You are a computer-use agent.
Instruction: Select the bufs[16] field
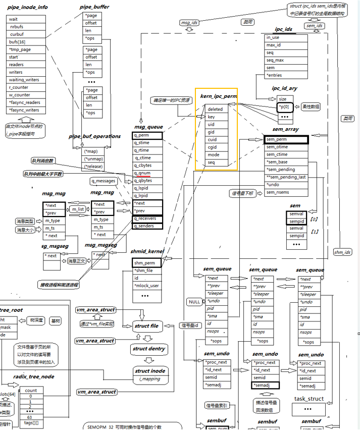pos(18,42)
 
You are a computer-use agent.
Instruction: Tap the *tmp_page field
pos(21,49)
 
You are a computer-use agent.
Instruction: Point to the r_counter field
pos(19,87)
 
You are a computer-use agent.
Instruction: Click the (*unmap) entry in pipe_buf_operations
pos(94,158)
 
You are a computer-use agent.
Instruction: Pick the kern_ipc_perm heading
pos(219,96)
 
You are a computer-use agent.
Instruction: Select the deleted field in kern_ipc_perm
pos(216,109)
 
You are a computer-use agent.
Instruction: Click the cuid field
pos(212,139)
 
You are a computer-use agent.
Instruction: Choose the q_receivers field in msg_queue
pos(145,219)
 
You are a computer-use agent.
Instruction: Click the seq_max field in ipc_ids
pos(276,60)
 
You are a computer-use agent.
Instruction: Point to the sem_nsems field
pos(278,192)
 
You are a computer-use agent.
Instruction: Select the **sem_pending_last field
pos(286,177)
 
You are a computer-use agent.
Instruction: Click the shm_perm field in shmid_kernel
pos(144,263)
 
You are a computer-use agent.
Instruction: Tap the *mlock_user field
pos(147,286)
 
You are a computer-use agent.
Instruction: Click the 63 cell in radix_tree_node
pos(31,417)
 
